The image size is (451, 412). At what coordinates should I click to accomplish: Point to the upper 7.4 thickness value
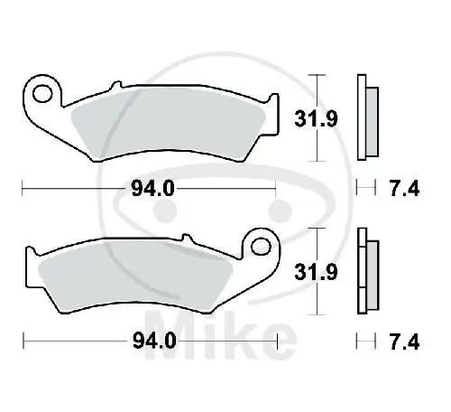tap(397, 188)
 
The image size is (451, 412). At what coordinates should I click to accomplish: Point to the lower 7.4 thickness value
tap(397, 341)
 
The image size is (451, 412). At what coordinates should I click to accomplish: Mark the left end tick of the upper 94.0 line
tap(23, 188)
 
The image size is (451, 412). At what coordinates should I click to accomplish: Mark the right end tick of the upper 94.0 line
tap(274, 188)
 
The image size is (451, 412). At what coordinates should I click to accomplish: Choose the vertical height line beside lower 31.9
tap(312, 271)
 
